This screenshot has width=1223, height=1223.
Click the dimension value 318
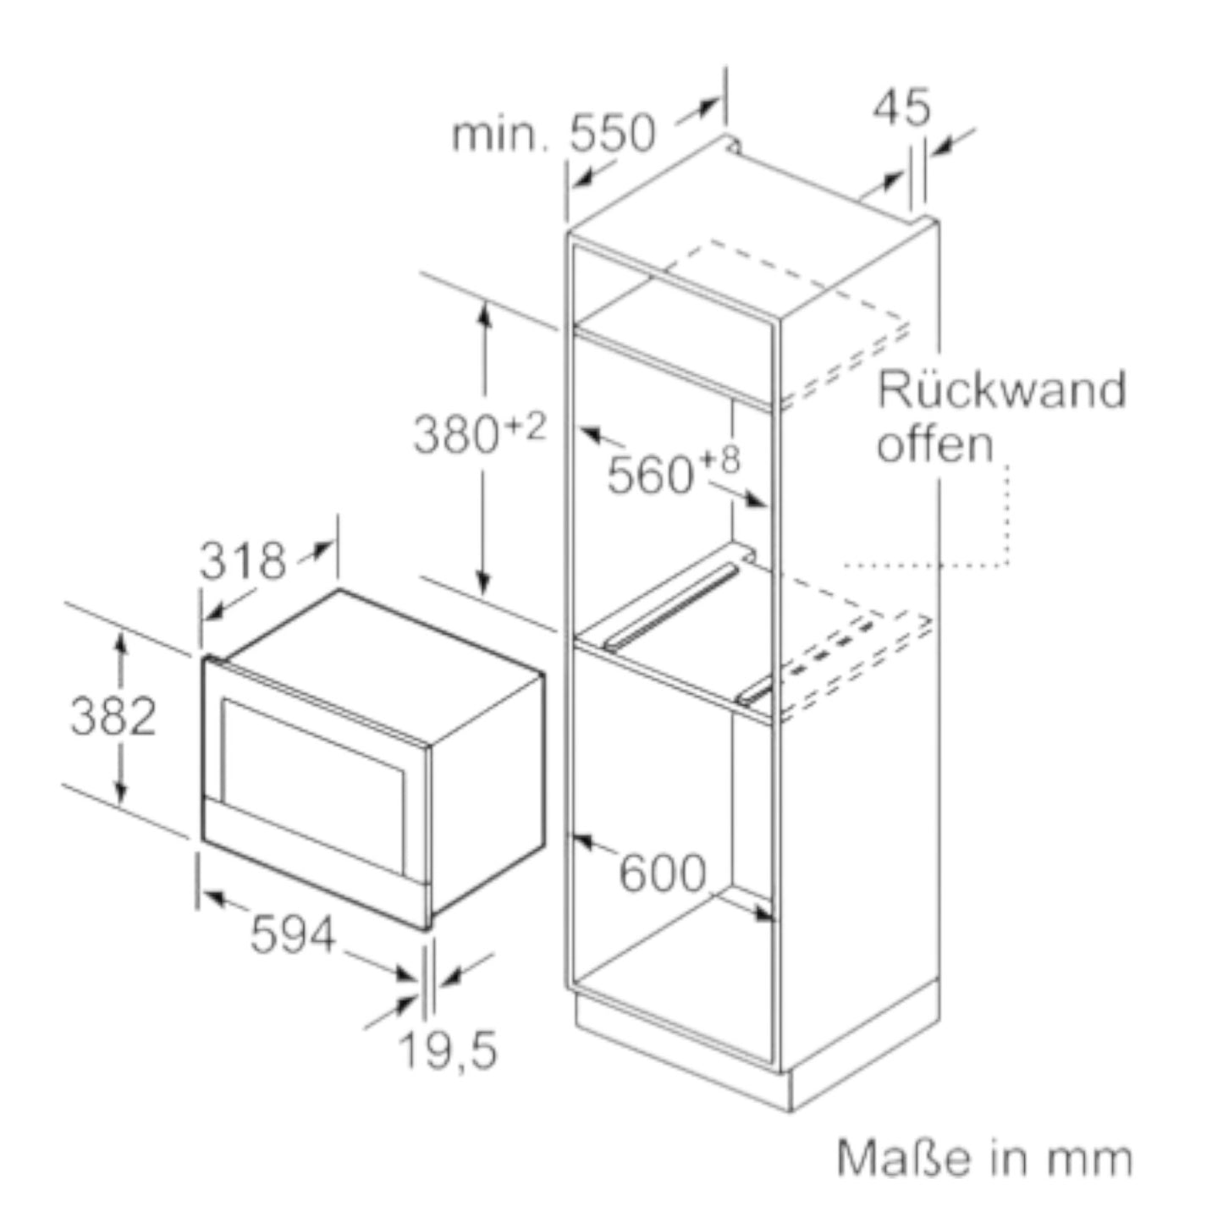(242, 560)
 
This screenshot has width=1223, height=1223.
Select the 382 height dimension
(113, 716)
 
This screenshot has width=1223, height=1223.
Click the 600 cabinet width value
(662, 872)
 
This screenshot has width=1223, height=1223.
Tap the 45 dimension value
(901, 107)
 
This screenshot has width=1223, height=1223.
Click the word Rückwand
(1001, 390)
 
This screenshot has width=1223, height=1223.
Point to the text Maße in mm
(984, 1158)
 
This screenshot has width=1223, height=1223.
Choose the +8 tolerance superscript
(719, 461)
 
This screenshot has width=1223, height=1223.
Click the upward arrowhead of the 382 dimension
(121, 642)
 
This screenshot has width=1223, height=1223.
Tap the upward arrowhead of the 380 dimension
(483, 313)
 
